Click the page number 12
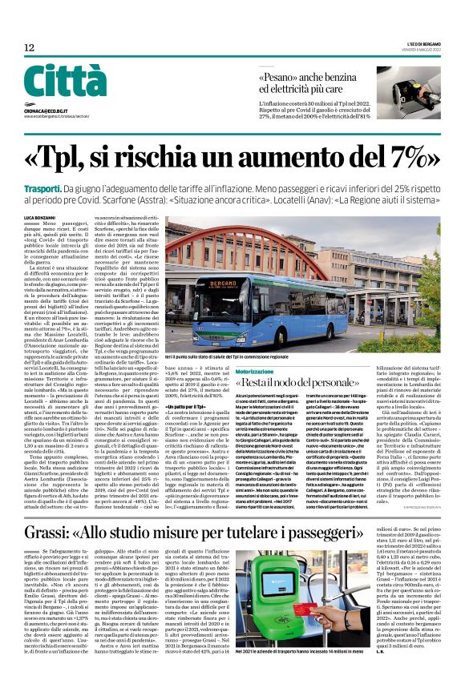click(x=29, y=48)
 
